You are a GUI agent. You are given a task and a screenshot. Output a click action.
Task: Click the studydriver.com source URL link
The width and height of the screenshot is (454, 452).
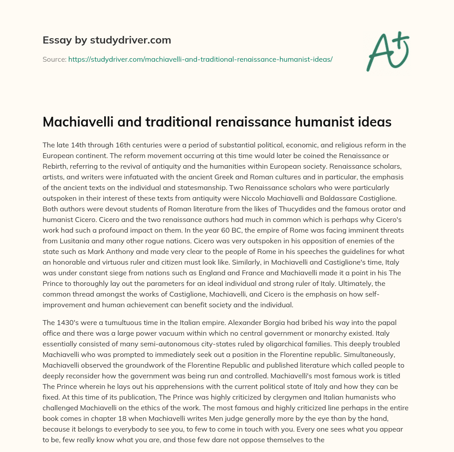point(200,59)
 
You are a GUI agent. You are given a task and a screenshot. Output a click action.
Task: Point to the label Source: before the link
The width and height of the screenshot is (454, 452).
point(55,59)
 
